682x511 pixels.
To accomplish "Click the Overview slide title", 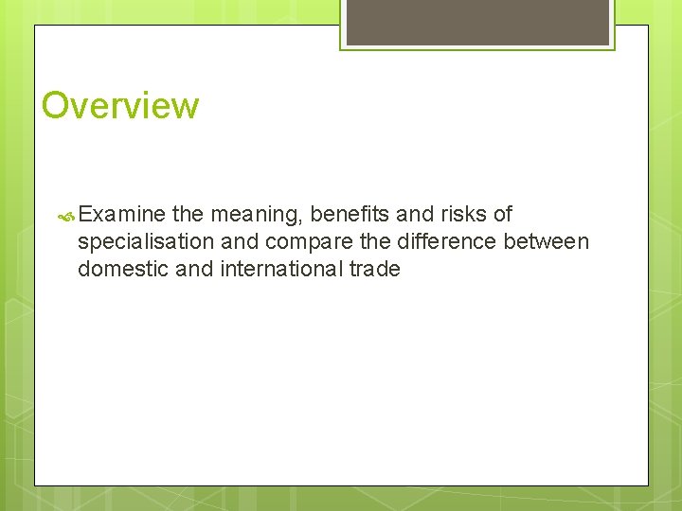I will coord(120,105).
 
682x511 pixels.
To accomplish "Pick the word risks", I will coord(461,215).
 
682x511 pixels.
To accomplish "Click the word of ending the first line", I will coord(502,215).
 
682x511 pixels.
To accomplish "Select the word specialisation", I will coord(146,242).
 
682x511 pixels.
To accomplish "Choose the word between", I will coord(547,242).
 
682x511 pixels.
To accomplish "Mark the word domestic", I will coord(123,269).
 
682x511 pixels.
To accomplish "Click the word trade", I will coord(375,269).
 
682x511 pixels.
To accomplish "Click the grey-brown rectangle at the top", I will coord(477,22).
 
